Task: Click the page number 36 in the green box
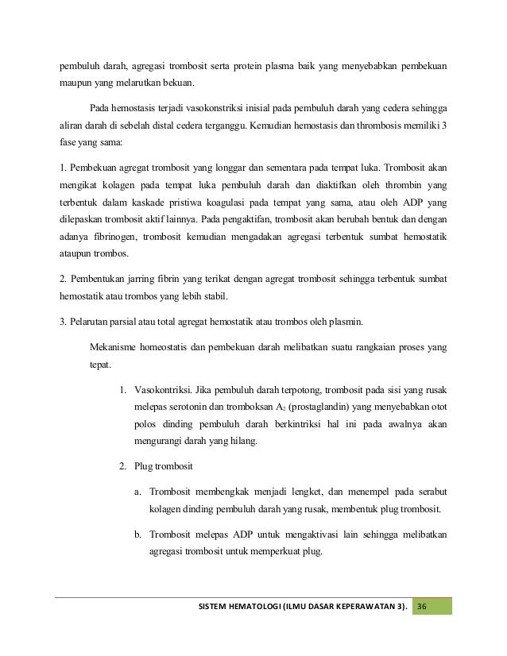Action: pos(422,608)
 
